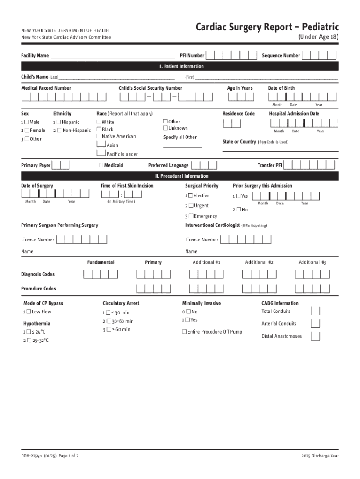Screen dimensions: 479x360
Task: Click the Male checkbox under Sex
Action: click(27, 122)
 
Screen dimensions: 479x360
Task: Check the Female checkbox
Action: click(27, 131)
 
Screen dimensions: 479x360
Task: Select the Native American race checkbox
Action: click(99, 136)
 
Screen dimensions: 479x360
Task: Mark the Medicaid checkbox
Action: click(101, 165)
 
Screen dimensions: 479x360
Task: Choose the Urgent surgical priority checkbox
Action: click(191, 206)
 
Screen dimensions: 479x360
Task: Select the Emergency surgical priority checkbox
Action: click(191, 216)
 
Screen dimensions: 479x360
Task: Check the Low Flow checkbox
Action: click(29, 312)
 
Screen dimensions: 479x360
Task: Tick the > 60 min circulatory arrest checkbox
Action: click(108, 330)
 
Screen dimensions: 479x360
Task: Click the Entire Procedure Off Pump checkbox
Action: click(184, 332)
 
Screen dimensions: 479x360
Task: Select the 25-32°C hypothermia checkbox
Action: click(29, 341)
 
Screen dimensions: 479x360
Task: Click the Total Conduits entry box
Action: click(316, 311)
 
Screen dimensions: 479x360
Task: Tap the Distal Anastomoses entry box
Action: click(316, 336)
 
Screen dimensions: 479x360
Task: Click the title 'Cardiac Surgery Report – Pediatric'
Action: click(267, 27)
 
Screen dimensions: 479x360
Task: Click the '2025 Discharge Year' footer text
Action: click(320, 456)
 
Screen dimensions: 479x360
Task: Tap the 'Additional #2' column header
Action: click(259, 262)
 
